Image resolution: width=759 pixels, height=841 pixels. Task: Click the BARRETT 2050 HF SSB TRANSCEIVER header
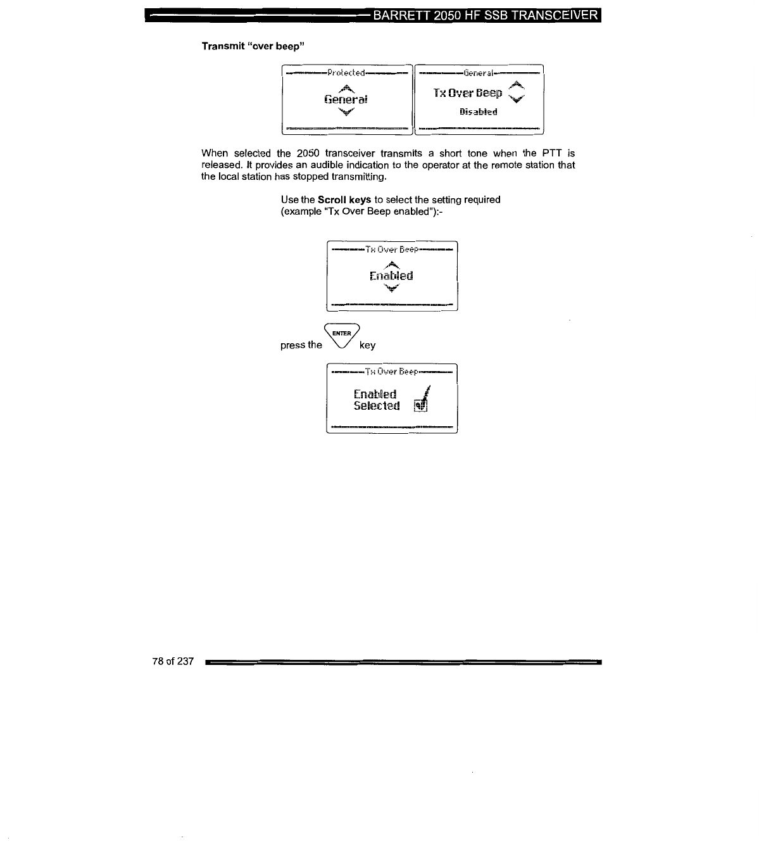[x=486, y=15]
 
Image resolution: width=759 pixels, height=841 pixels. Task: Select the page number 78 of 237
[x=173, y=661]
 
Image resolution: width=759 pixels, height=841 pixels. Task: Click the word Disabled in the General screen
[x=478, y=112]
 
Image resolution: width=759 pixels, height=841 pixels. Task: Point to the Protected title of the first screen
[x=346, y=73]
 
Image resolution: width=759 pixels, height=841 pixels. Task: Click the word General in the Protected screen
[x=346, y=99]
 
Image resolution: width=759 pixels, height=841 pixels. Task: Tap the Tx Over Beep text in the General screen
[x=468, y=94]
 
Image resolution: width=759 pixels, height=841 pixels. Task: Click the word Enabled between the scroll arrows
[x=391, y=276]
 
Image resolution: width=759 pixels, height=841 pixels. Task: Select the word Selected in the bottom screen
[x=377, y=406]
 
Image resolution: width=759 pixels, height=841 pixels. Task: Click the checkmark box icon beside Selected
[x=421, y=405]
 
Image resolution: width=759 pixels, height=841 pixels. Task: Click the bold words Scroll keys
[x=344, y=199]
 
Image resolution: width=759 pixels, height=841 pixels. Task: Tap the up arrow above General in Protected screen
[x=345, y=88]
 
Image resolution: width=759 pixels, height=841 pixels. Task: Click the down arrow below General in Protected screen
[x=346, y=112]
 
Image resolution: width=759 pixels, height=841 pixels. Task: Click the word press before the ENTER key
[x=293, y=345]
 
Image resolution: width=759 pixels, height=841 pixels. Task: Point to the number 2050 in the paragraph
[x=308, y=153]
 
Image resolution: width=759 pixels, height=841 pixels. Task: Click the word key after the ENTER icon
[x=367, y=345]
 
